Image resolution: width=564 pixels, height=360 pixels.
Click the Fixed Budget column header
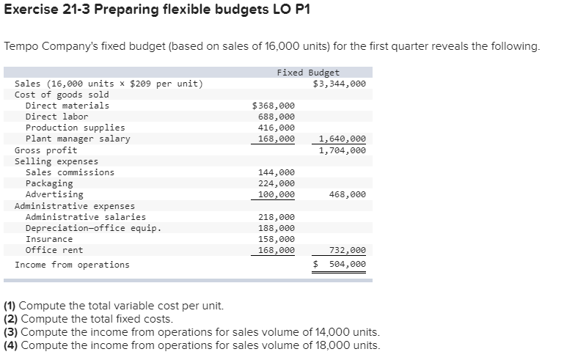(x=308, y=73)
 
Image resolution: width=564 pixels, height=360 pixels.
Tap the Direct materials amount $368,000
(x=274, y=106)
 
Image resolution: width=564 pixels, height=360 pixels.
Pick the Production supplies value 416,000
(x=276, y=128)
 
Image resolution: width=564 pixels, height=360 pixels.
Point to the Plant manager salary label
(x=78, y=139)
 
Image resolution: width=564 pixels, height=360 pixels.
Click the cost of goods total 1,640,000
(x=342, y=139)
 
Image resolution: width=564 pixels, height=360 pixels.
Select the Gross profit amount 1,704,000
(x=342, y=150)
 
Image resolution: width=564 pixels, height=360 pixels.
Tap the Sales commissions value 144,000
(x=276, y=172)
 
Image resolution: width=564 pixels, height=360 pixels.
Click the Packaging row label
(x=49, y=183)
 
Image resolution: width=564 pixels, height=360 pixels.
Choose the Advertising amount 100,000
(x=276, y=194)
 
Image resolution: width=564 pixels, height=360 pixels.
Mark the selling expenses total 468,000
(x=348, y=194)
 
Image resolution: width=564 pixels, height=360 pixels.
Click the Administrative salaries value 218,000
(x=276, y=217)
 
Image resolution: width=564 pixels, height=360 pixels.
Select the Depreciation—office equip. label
(x=93, y=228)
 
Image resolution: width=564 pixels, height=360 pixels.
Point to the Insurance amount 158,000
(x=276, y=239)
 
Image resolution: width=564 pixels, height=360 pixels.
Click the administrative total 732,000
(x=348, y=250)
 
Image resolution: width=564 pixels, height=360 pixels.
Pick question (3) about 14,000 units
(x=191, y=332)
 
